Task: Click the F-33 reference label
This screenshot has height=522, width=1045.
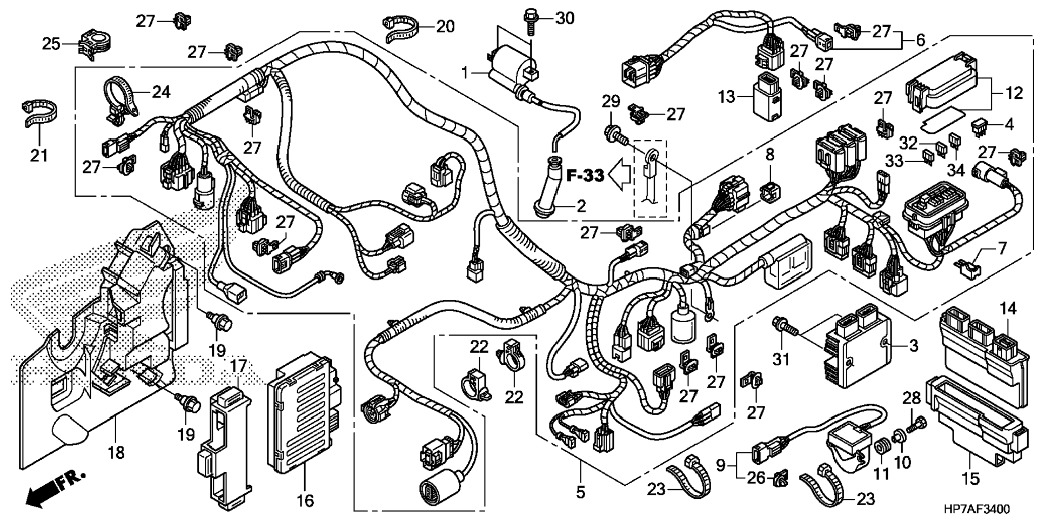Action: (x=585, y=176)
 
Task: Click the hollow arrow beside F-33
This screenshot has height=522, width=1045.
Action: (x=620, y=175)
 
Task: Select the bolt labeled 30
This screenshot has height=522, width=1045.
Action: (x=531, y=21)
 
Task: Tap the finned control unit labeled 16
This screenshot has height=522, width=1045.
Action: (x=304, y=413)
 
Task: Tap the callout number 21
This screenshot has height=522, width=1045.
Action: (x=38, y=156)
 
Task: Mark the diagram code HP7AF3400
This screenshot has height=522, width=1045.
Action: (x=976, y=509)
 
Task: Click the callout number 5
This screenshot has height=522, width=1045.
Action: (x=580, y=492)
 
